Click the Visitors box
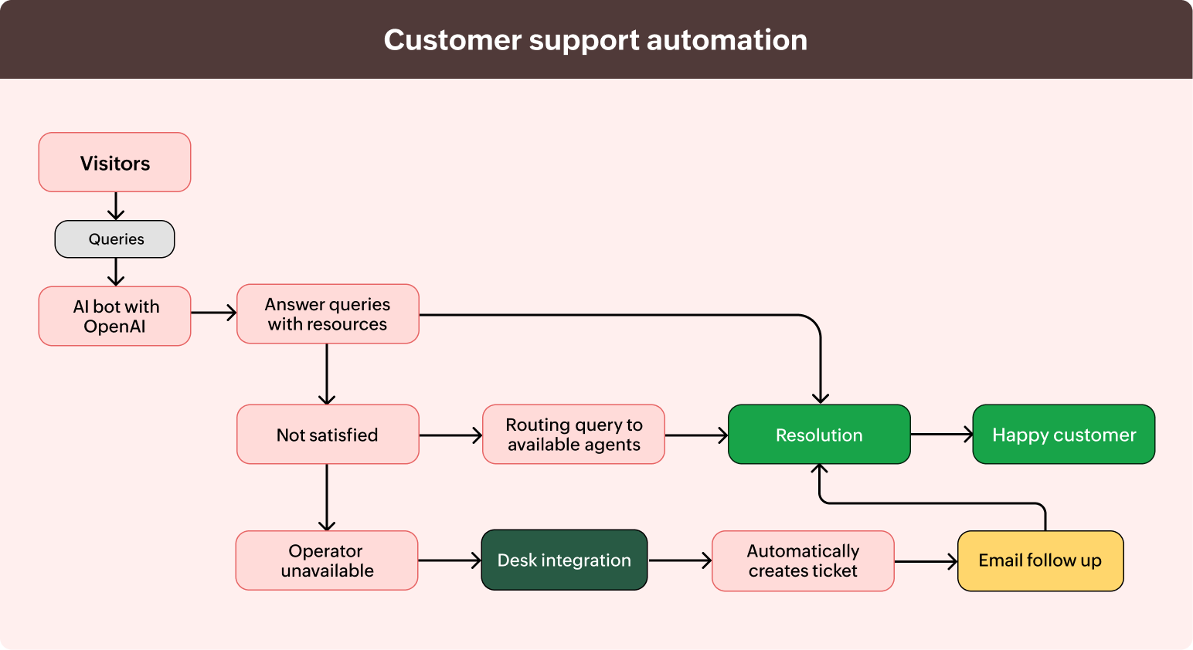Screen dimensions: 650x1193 114,162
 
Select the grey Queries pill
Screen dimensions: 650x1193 114,239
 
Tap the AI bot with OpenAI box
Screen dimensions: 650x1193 114,316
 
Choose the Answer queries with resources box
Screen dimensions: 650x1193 328,313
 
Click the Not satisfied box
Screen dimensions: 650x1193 328,435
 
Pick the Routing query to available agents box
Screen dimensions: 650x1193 573,435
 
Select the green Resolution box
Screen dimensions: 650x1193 819,435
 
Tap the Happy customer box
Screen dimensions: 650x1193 1063,435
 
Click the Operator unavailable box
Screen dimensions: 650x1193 327,560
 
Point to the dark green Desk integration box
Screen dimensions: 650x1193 564,560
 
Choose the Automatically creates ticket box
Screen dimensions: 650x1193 803,560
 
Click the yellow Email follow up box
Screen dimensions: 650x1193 1040,560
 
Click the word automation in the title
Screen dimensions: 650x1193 726,40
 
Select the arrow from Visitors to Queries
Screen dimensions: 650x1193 116,206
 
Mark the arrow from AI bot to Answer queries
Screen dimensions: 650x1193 213,313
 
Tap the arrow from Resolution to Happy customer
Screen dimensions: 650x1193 941,435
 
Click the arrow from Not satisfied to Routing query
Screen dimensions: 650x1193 450,435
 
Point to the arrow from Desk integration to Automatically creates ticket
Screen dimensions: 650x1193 679,560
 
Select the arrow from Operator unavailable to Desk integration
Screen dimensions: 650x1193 449,560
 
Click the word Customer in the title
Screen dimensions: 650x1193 452,40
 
